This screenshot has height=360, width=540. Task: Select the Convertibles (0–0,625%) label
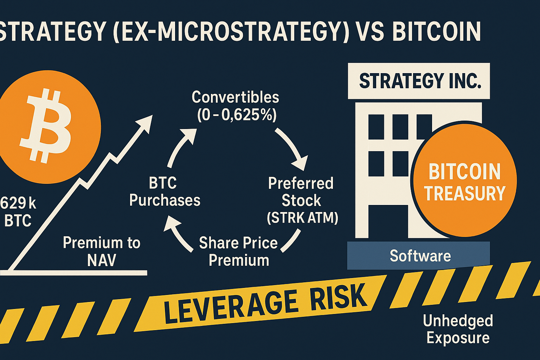tap(235, 106)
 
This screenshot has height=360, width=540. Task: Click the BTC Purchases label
tap(165, 192)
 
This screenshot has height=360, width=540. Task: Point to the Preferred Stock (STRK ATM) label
tap(302, 200)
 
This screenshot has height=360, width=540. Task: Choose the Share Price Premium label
tap(238, 252)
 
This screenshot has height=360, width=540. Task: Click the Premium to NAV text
tap(101, 252)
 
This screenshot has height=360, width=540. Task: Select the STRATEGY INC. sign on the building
tap(419, 81)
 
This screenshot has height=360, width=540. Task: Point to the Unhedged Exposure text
tap(458, 329)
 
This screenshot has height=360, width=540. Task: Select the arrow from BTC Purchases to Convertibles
tap(181, 146)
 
